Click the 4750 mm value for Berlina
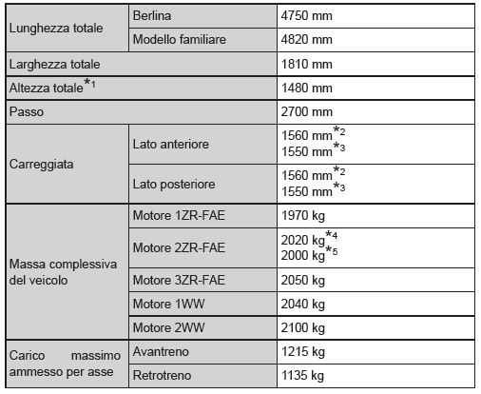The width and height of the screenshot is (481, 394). click(x=307, y=17)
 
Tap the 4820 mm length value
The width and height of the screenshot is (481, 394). click(x=307, y=41)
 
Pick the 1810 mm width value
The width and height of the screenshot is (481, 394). click(x=307, y=65)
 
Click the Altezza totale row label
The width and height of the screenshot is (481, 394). click(x=48, y=88)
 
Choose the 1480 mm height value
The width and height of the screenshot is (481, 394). click(x=307, y=89)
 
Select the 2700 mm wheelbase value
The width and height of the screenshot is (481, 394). click(x=307, y=111)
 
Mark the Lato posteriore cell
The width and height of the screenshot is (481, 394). click(x=174, y=183)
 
